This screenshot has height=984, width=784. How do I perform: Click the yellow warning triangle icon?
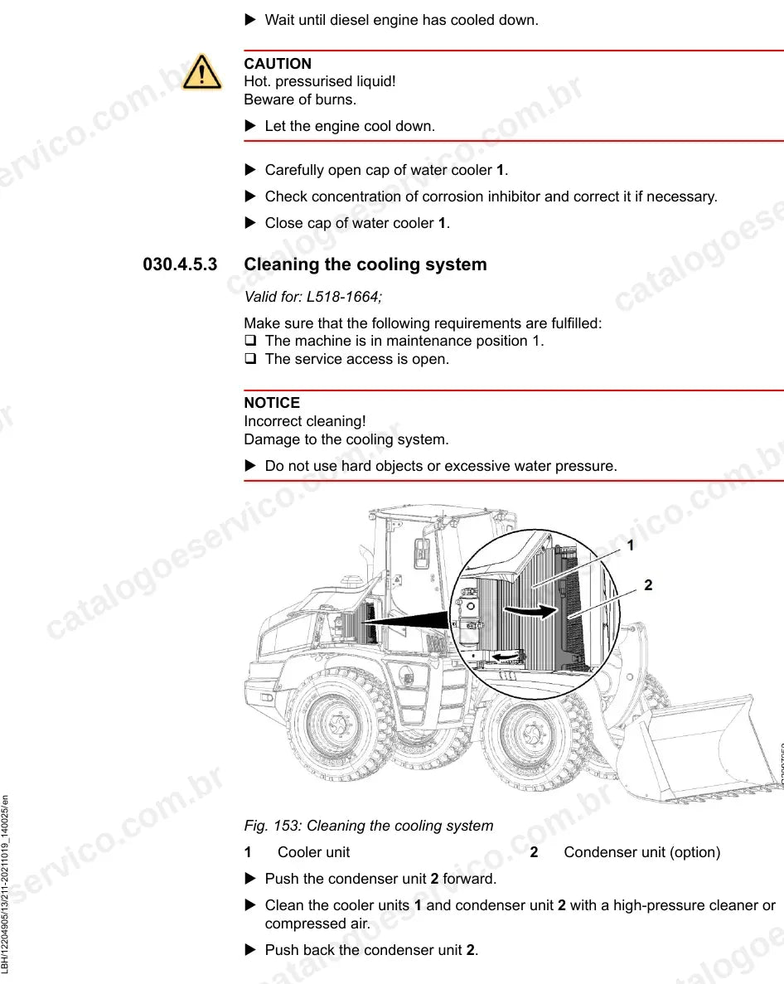(201, 72)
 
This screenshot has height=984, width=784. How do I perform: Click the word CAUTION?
(278, 64)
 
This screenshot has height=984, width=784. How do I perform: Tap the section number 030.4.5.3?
(180, 264)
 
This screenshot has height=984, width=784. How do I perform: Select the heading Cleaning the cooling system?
(365, 264)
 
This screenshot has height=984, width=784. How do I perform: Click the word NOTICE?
(272, 403)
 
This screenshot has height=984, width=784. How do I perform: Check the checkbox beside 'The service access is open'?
(250, 358)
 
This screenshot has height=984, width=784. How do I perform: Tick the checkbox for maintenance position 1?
(250, 340)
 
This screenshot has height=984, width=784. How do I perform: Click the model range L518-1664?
(342, 297)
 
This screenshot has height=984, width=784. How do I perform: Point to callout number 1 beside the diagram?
(631, 545)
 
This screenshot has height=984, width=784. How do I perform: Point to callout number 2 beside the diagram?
(648, 585)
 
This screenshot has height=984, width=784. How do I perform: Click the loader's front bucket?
(699, 747)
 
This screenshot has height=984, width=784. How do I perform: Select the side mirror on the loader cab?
(421, 553)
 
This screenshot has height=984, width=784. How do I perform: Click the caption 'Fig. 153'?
(273, 826)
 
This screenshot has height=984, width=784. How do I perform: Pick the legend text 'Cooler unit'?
(313, 852)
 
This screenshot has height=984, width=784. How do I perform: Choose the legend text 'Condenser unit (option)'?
(641, 852)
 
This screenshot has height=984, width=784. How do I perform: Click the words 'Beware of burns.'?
(300, 99)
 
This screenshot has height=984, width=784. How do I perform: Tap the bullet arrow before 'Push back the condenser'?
(250, 949)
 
